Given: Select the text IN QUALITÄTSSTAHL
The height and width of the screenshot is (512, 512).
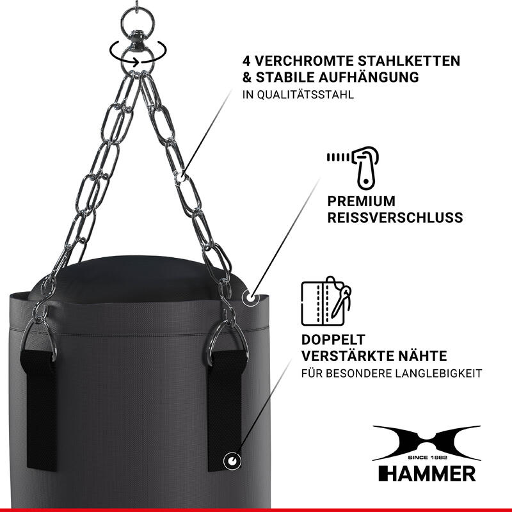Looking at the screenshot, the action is click(298, 95).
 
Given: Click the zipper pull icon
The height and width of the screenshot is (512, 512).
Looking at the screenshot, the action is click(353, 168).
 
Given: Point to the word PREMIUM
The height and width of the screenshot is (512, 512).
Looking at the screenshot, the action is click(361, 201).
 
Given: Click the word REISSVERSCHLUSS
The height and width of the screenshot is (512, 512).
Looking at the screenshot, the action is click(395, 218).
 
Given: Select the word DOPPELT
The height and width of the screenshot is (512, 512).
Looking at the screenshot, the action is click(333, 340).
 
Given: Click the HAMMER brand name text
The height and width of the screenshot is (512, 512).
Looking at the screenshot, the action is click(427, 474).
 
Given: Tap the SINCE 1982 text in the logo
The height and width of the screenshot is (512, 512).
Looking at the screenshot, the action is click(427, 458).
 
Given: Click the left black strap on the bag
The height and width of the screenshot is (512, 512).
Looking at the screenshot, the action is click(39, 410).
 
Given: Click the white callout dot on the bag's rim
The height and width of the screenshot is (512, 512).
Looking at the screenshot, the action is click(250, 298).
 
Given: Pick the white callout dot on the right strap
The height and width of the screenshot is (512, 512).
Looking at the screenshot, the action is click(232, 461).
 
